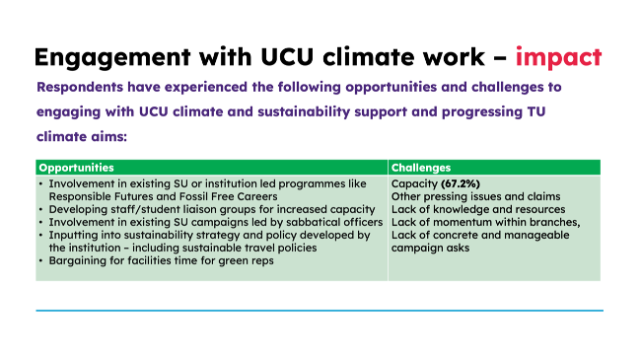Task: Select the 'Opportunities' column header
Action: tap(76, 168)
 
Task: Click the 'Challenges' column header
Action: tap(420, 168)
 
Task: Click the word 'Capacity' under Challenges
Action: tap(412, 184)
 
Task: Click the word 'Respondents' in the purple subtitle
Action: tap(82, 87)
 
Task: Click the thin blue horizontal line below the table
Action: tap(320, 311)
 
